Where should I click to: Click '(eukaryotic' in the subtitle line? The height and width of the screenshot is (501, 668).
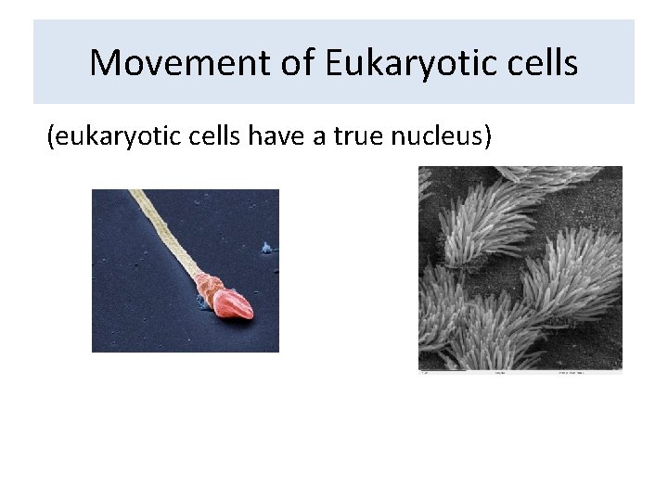pyautogui.click(x=102, y=137)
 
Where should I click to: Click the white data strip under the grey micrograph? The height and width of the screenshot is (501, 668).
pyautogui.click(x=520, y=372)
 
